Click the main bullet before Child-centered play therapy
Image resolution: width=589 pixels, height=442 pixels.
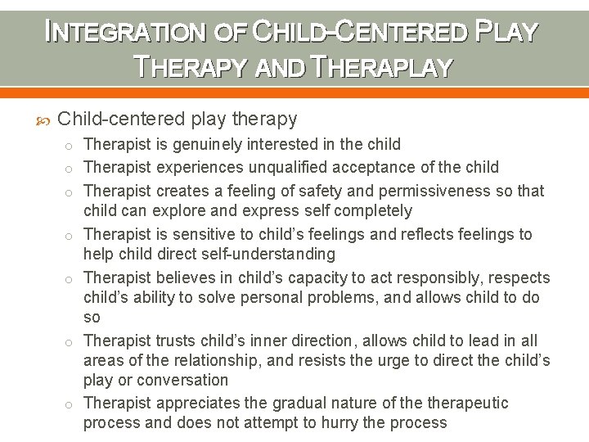pyautogui.click(x=43, y=120)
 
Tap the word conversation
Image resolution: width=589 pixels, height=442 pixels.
pyautogui.click(x=182, y=380)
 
